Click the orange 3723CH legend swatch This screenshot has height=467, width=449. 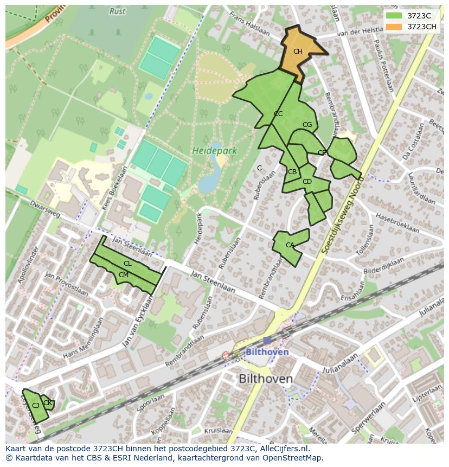pyautogui.click(x=394, y=27)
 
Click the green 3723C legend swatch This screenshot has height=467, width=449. pyautogui.click(x=394, y=15)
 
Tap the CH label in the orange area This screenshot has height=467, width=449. pyautogui.click(x=298, y=52)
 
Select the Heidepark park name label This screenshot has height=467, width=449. pyautogui.click(x=214, y=151)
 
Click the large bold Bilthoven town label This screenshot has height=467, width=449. pyautogui.click(x=266, y=379)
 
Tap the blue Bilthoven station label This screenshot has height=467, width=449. pyautogui.click(x=267, y=352)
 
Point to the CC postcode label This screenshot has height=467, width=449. pyautogui.click(x=278, y=114)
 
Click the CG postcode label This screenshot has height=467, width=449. pyautogui.click(x=307, y=125)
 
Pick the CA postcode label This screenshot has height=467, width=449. pyautogui.click(x=290, y=245)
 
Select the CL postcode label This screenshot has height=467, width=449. pyautogui.click(x=127, y=264)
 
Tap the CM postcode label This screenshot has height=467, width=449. pyautogui.click(x=124, y=275)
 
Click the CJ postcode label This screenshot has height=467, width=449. pyautogui.click(x=35, y=406)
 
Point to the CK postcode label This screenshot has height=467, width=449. pyautogui.click(x=48, y=403)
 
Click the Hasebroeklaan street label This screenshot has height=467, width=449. pyautogui.click(x=397, y=222)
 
